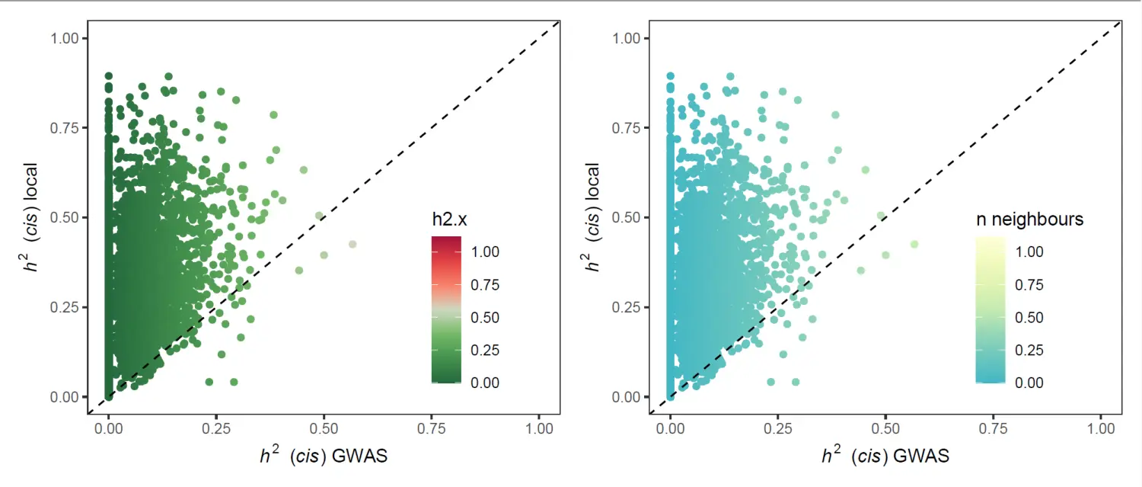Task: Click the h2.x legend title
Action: (449, 219)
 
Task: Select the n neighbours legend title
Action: (1030, 219)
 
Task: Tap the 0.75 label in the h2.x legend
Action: (484, 285)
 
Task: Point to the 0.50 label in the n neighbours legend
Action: (1030, 318)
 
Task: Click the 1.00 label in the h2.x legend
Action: (484, 252)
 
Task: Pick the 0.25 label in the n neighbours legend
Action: (1030, 351)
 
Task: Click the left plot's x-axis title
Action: (324, 456)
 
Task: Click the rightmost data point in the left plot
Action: (352, 245)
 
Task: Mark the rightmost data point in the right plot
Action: (914, 245)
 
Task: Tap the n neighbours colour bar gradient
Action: (990, 309)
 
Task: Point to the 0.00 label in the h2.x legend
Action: (484, 383)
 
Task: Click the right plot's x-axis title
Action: (885, 456)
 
